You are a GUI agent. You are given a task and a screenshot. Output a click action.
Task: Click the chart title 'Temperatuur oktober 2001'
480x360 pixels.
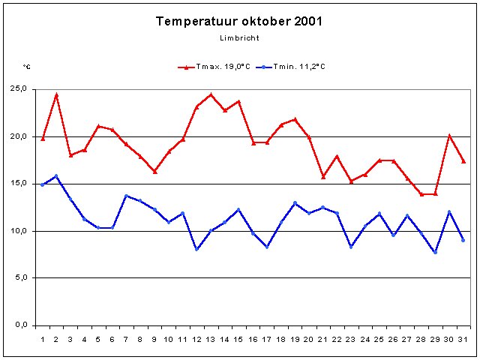239,21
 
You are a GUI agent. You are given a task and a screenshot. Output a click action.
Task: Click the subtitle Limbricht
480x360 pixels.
239,37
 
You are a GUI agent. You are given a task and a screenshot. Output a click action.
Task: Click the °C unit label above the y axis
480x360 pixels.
27,67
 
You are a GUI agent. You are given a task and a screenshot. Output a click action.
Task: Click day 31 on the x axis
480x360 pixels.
463,339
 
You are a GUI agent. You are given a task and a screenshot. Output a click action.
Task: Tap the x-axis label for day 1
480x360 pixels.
43,339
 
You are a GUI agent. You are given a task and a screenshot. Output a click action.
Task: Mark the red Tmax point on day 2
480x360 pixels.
56,95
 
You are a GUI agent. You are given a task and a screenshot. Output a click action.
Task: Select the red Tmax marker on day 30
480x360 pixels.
449,136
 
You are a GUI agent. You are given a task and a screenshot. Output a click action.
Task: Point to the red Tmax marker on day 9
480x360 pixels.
154,172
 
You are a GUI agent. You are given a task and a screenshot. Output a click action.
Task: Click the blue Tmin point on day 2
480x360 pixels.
56,176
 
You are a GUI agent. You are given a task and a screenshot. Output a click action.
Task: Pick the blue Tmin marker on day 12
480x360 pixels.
196,249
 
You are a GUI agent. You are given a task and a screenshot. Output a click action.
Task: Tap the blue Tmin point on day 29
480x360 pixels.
435,252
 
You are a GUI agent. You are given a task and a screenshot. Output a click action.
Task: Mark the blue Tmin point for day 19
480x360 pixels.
295,202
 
